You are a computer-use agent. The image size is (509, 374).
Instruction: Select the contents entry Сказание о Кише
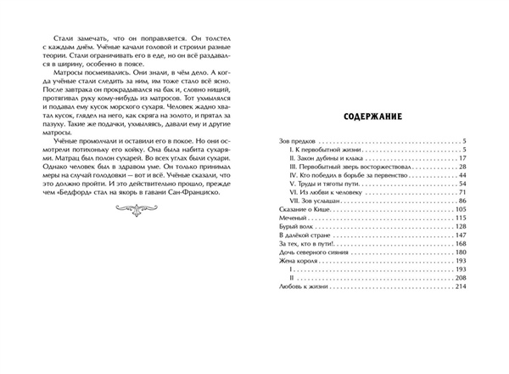[300, 209]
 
